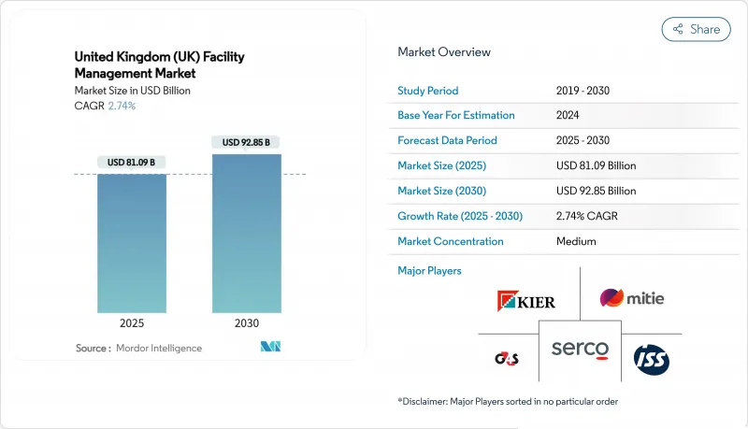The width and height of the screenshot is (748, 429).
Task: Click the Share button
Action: point(696,29)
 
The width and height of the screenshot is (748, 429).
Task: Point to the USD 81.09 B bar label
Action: point(132,163)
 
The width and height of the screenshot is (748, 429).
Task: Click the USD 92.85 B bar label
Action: point(247,142)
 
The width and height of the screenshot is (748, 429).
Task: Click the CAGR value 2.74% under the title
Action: point(122,106)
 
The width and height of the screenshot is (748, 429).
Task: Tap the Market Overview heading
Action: point(444,52)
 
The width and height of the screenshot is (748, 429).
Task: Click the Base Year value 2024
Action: point(569,116)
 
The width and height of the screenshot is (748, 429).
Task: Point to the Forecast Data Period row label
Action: point(447,141)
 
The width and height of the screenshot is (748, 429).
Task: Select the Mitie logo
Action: point(632,299)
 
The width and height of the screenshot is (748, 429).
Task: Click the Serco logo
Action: point(580,350)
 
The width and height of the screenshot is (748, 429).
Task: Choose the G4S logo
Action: point(506,359)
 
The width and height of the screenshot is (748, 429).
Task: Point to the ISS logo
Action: point(651,359)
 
